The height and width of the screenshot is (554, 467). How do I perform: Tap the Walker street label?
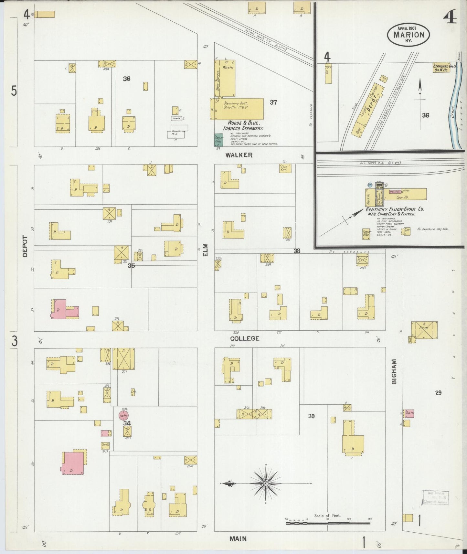click(239, 155)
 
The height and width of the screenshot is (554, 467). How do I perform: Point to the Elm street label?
click(206, 250)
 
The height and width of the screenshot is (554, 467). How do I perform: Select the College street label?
click(244, 338)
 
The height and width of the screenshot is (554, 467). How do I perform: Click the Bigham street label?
click(394, 371)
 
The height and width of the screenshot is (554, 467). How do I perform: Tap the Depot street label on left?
click(25, 246)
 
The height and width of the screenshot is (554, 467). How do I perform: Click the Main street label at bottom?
click(238, 538)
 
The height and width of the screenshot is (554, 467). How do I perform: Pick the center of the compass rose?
click(265, 484)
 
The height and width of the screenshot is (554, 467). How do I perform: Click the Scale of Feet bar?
click(328, 523)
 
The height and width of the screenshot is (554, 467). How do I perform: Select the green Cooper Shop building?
click(219, 140)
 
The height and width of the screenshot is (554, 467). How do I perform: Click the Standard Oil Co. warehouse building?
click(442, 68)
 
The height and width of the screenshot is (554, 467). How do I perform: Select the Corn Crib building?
click(285, 168)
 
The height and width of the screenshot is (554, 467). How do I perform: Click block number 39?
click(311, 416)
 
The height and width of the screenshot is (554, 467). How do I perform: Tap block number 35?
click(131, 266)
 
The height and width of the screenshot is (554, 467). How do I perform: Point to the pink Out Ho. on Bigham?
click(409, 413)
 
